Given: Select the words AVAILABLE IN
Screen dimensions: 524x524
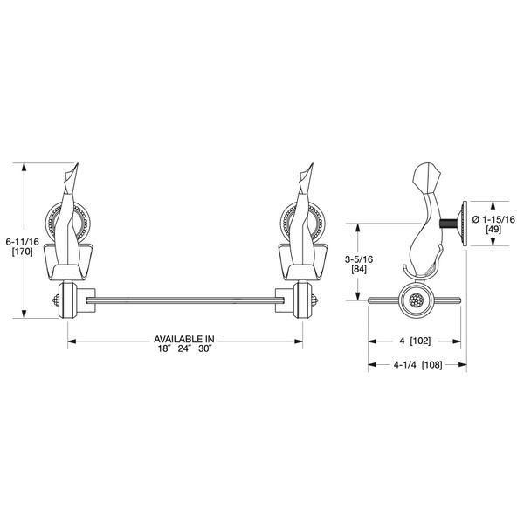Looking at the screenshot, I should [184, 338].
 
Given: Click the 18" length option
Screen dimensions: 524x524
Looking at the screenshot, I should [161, 348].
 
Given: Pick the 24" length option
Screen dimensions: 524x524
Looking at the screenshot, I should [183, 348].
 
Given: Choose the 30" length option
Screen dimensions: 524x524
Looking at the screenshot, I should [206, 348].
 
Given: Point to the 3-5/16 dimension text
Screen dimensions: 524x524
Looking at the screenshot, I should [359, 259].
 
